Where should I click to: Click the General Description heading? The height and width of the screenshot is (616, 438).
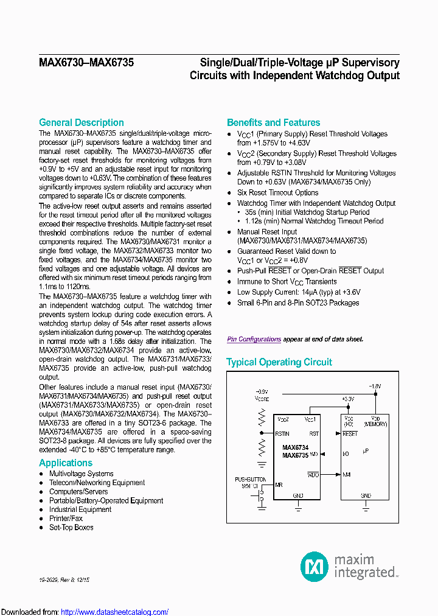81,122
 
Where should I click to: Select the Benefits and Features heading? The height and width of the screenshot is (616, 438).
273,122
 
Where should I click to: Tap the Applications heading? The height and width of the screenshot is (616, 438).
66,463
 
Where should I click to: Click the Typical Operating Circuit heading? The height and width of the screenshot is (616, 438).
279,362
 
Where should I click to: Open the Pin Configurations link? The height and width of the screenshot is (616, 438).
254,339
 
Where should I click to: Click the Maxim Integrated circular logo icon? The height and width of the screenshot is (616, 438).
315,567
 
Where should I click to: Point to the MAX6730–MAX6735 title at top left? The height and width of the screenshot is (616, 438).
86,62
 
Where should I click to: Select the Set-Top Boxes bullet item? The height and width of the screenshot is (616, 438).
71,527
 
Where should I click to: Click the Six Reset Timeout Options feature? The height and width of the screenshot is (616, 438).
269,192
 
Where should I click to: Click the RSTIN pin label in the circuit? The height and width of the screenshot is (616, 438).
282,433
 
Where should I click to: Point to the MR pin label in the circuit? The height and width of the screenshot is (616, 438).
279,485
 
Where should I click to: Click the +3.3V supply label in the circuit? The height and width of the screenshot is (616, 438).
347,399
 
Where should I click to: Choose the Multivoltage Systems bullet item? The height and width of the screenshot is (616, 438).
81,474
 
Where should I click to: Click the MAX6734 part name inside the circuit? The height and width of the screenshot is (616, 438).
295,447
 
